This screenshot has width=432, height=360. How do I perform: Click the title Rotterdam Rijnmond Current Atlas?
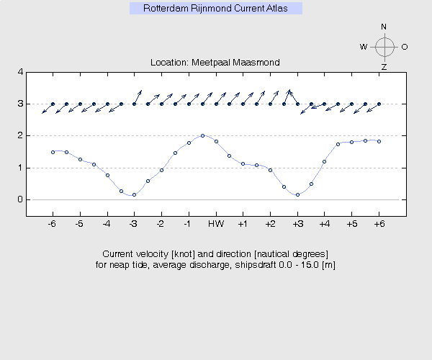[x=215, y=9]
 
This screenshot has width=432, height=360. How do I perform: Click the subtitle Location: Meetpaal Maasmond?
[x=215, y=63]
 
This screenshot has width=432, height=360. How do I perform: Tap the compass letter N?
[x=384, y=27]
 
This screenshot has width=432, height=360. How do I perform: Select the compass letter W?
[x=364, y=47]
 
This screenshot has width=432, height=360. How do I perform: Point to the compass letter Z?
[x=384, y=67]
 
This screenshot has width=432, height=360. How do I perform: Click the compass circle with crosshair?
[x=384, y=47]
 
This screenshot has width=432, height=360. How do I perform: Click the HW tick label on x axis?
[x=215, y=224]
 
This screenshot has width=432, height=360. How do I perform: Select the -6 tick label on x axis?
[x=52, y=224]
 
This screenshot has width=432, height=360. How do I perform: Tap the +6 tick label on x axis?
[x=379, y=224]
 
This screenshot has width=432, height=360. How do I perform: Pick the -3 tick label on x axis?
[x=133, y=224]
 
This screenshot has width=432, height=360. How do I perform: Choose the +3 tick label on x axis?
[x=297, y=224]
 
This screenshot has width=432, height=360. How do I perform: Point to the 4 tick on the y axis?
[x=20, y=72]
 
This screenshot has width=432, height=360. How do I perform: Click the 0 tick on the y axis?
[x=20, y=199]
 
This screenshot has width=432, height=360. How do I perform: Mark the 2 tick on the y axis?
[x=20, y=136]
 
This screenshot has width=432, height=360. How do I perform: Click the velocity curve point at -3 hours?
[x=134, y=194]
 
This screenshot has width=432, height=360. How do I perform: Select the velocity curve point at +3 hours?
[x=297, y=194]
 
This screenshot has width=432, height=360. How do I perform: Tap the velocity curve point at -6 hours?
[x=53, y=152]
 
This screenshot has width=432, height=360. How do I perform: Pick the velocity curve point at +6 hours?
[x=379, y=141]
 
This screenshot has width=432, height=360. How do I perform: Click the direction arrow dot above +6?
[x=379, y=104]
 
